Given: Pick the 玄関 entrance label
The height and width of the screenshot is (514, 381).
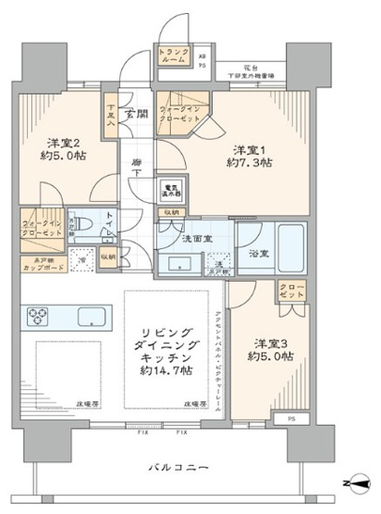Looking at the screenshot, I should click(137, 114).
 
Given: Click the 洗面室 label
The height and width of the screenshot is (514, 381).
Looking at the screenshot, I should click(196, 238).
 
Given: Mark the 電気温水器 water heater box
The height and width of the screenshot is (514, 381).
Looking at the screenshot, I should click(172, 190).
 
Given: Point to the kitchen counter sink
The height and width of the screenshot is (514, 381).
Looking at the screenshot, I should click(92, 314).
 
